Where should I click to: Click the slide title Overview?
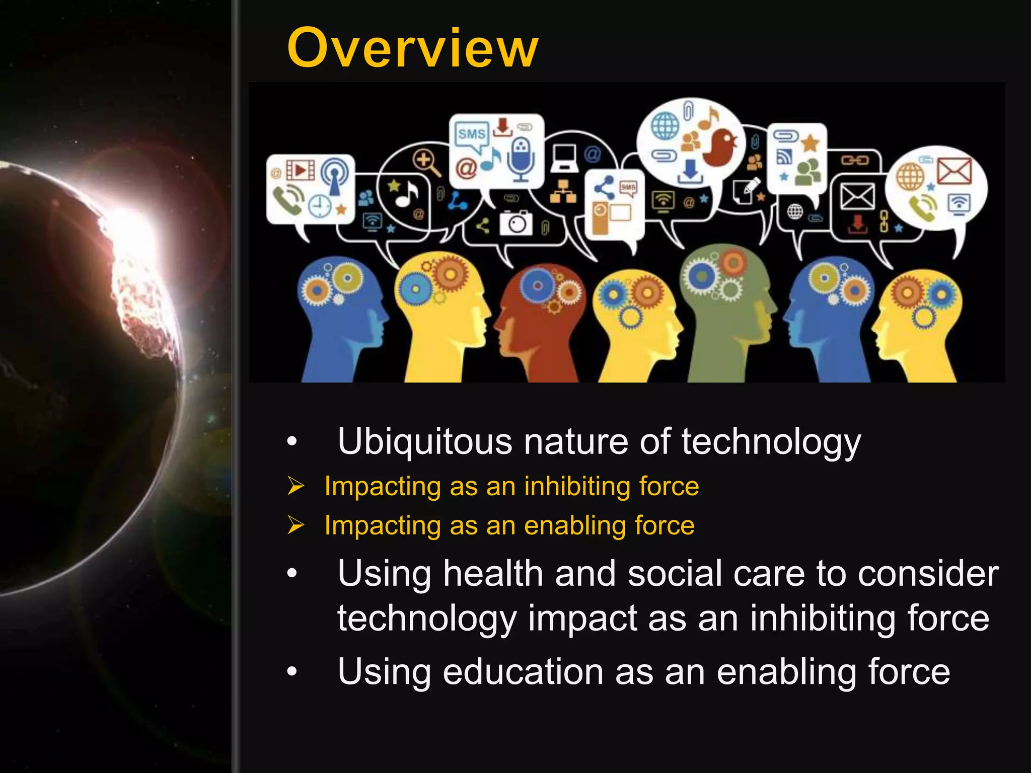[412, 48]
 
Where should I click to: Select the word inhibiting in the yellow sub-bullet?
[576, 487]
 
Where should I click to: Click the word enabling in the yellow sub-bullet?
[574, 526]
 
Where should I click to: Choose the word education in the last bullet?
[523, 672]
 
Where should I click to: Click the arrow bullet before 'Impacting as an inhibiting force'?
[296, 486]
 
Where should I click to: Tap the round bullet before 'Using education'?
[292, 671]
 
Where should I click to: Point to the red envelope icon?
[954, 171]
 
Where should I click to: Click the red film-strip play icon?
[300, 170]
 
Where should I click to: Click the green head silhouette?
[725, 312]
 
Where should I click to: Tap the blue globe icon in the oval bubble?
[665, 126]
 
